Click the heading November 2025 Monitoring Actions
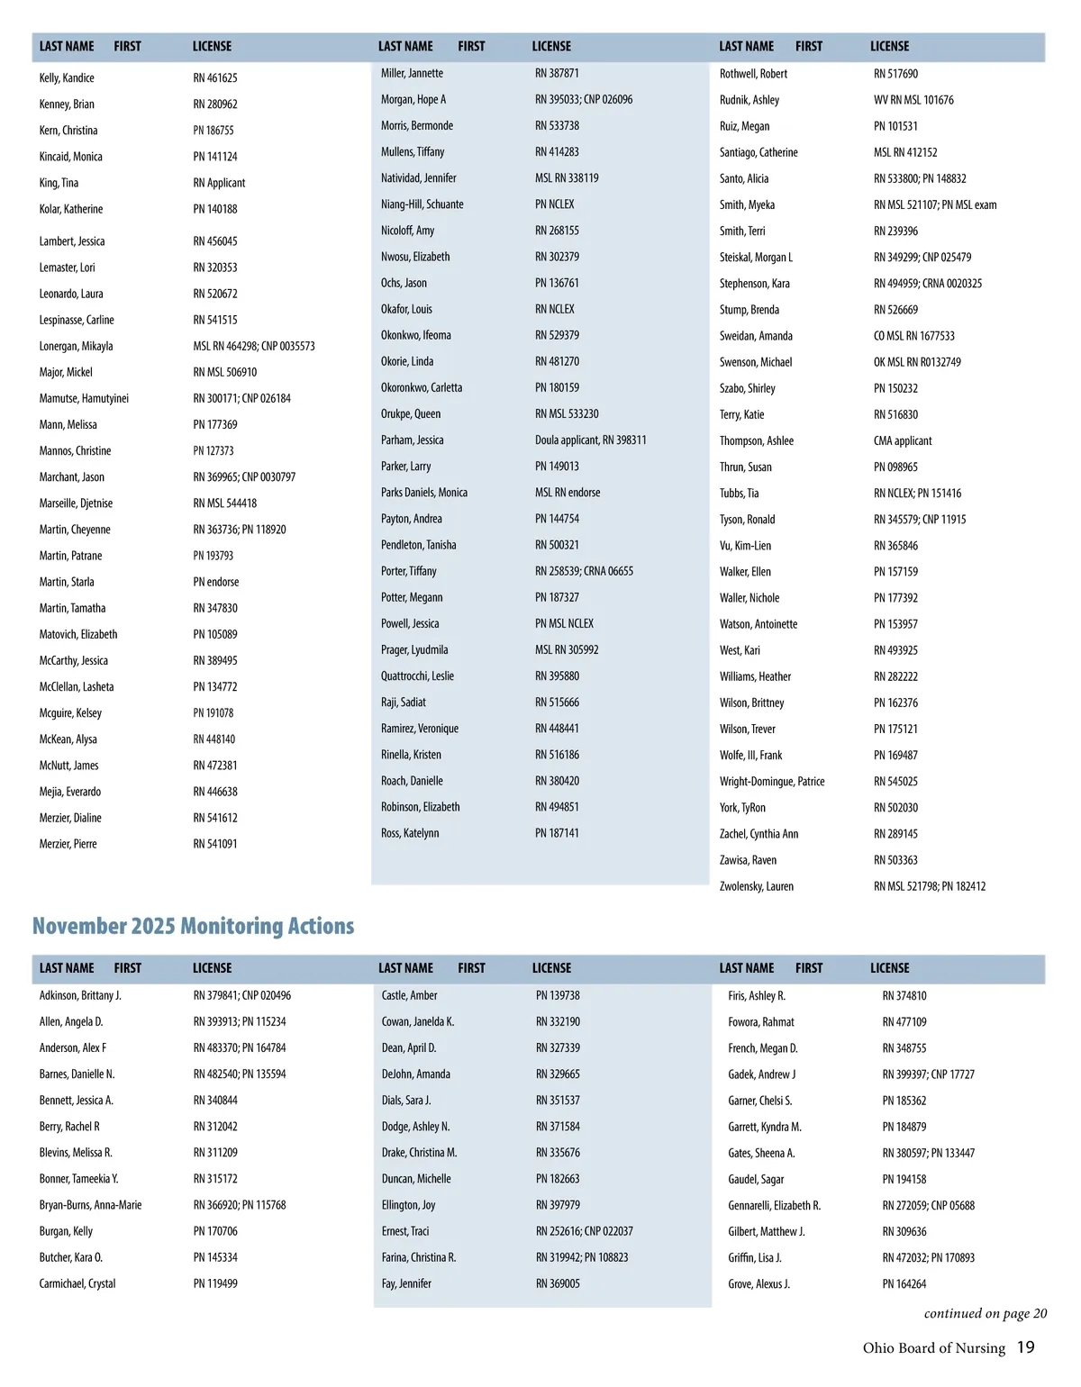click(x=193, y=926)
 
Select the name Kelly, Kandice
click(x=67, y=78)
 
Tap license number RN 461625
click(x=215, y=78)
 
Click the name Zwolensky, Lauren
click(x=756, y=886)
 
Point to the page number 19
click(x=1026, y=1347)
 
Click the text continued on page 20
click(x=986, y=1313)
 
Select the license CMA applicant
click(x=903, y=441)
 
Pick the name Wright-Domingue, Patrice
click(x=772, y=782)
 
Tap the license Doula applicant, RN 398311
click(x=590, y=440)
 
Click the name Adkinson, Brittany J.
click(x=80, y=995)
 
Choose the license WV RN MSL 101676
click(x=913, y=100)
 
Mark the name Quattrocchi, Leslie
click(x=417, y=676)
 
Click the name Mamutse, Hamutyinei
click(x=84, y=398)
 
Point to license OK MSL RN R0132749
click(x=917, y=362)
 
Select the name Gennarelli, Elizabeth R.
click(x=774, y=1205)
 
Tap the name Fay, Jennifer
click(x=406, y=1283)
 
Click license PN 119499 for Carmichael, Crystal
click(x=215, y=1283)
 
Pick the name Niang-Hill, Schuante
click(x=422, y=204)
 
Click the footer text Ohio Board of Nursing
click(x=933, y=1348)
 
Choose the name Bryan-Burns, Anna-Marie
click(x=90, y=1205)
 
